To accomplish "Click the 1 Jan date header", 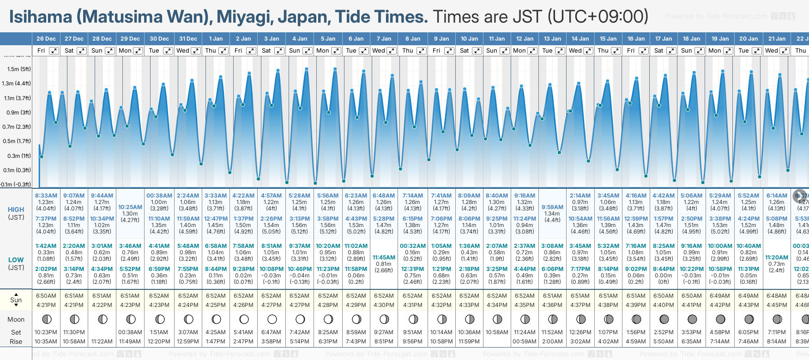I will click(216, 39).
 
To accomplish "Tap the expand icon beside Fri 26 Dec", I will click(54, 51).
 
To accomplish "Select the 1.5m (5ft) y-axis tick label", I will click(19, 69).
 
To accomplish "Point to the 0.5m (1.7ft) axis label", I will click(16, 141).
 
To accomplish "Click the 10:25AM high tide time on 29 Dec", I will click(130, 207).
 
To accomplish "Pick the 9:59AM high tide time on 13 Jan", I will click(552, 207).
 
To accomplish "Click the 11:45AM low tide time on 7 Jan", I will click(384, 258).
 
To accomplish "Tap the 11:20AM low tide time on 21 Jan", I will click(777, 258).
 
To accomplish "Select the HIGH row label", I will click(16, 210).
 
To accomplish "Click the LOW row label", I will click(16, 260).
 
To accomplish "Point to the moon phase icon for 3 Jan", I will click(272, 319).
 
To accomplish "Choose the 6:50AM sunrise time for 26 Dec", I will click(46, 296).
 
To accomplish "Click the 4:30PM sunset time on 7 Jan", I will click(384, 305).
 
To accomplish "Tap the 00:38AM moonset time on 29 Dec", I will click(130, 332).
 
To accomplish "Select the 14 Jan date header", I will click(580, 39).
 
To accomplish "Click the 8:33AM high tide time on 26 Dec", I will click(46, 196).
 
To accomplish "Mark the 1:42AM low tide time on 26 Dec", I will click(46, 246).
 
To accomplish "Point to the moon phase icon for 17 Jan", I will click(664, 319).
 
